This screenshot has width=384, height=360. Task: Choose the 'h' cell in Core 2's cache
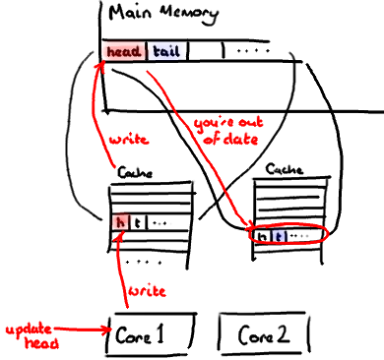[263, 237]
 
